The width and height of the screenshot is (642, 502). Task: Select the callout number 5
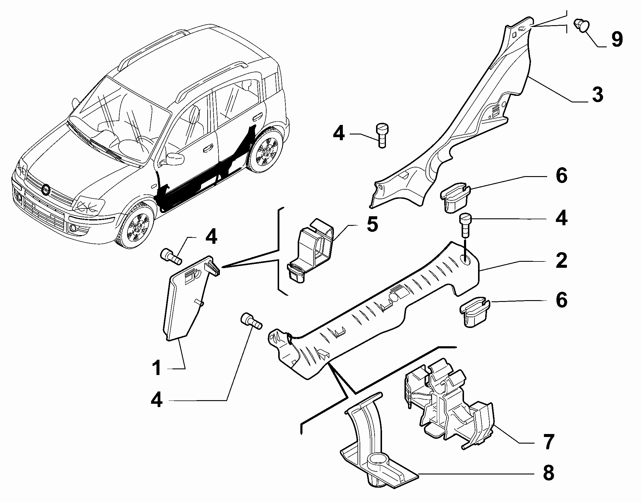(372, 225)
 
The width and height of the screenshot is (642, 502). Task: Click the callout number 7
(548, 441)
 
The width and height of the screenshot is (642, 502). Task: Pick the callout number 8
(548, 473)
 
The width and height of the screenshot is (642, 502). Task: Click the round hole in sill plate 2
(465, 260)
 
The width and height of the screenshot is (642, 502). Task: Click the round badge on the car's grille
(46, 190)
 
